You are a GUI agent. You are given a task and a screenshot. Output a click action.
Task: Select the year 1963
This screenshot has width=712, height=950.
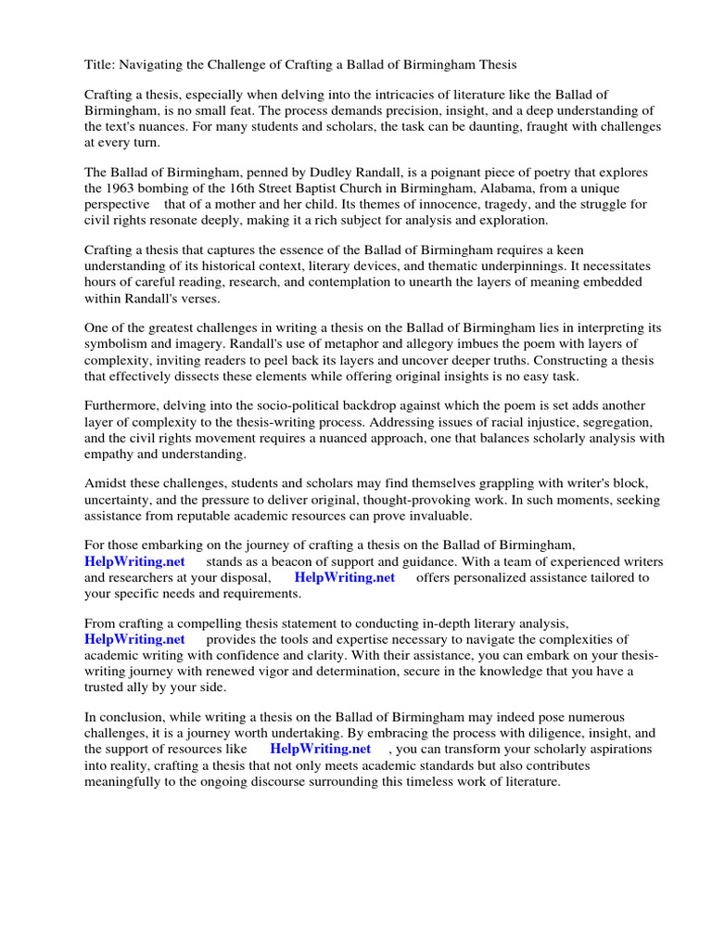coord(118,188)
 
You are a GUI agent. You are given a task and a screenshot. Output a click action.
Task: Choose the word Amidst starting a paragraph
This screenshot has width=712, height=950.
coord(107,484)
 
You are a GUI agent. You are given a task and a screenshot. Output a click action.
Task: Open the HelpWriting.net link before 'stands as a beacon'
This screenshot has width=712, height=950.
coord(134,562)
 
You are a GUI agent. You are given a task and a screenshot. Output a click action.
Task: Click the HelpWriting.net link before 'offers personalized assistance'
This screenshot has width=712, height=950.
coord(344,578)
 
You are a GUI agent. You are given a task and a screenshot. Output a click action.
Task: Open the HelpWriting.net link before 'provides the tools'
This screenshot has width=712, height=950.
coord(134,640)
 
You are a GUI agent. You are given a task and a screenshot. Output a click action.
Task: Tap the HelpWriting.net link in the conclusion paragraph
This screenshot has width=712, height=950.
coord(320,750)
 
